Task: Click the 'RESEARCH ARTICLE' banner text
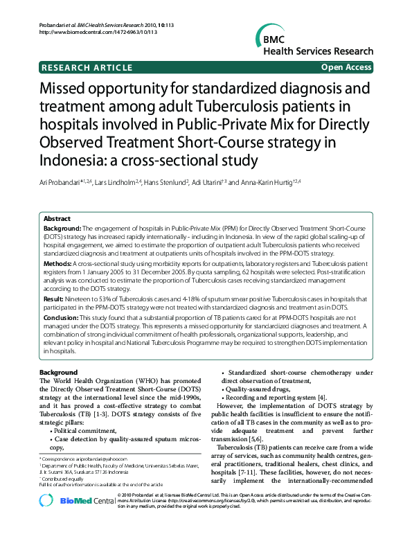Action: [x=87, y=67]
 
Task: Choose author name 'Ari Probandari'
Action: [x=62, y=182]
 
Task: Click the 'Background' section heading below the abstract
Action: [x=59, y=373]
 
